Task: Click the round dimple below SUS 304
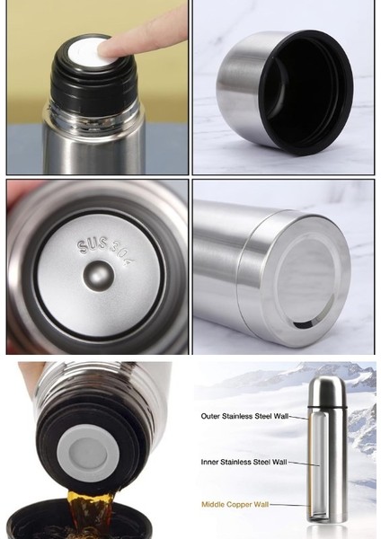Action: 98,276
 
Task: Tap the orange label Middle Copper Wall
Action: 235,505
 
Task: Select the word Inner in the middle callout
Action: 210,462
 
